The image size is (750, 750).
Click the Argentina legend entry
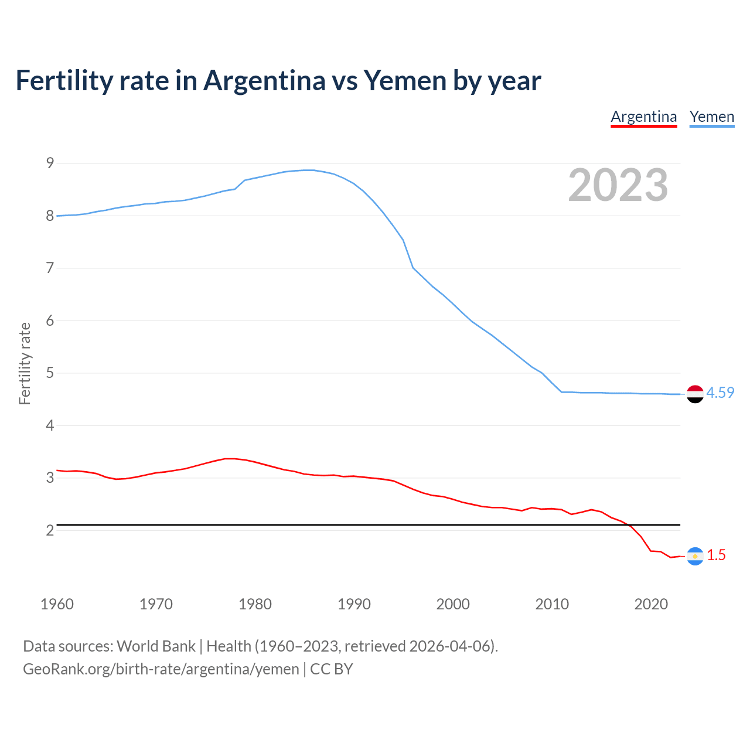point(643,117)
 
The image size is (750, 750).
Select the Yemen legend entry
point(711,117)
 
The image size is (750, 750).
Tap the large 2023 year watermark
point(618,185)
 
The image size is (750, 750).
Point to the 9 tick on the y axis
point(50,163)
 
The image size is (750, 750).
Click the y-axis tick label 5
point(50,373)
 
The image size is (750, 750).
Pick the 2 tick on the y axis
point(50,530)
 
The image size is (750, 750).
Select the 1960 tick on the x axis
point(57,604)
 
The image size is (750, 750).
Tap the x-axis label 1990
point(354,604)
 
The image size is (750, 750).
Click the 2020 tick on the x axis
point(651,604)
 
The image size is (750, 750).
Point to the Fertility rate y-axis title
point(25,363)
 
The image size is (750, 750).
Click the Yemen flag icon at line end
point(695,394)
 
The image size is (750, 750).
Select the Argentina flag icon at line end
point(695,556)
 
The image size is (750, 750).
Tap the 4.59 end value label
point(720,393)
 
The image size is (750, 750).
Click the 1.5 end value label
point(716,555)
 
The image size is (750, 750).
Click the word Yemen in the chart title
point(405,80)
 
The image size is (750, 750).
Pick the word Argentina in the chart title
point(264,80)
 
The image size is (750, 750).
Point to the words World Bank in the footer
point(156,646)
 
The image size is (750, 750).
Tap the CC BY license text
point(331,669)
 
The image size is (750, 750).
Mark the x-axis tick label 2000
point(453,604)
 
